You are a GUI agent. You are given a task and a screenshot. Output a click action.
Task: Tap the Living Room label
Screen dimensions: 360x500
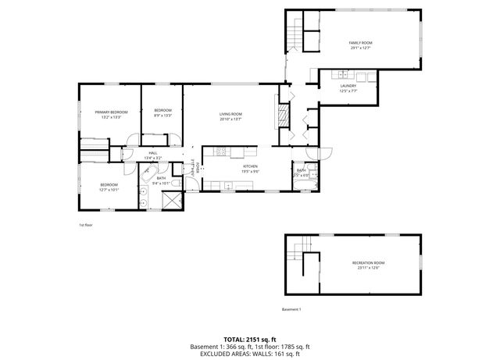(230, 114)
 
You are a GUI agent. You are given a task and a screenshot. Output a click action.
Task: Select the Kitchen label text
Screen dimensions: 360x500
(250, 166)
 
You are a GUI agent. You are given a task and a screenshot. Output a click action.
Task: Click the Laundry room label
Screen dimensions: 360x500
(348, 86)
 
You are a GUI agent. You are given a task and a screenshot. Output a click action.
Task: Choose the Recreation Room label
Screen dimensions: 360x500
(368, 262)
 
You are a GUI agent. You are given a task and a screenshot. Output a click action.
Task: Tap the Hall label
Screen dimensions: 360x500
(153, 153)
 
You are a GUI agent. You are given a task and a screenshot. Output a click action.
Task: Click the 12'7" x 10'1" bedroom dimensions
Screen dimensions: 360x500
(109, 189)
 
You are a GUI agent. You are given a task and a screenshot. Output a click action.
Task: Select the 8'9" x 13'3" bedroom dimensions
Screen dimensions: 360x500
(162, 116)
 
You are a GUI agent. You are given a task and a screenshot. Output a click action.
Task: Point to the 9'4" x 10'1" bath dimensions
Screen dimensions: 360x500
(161, 184)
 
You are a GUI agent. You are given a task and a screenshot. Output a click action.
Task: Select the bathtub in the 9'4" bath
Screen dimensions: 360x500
(148, 173)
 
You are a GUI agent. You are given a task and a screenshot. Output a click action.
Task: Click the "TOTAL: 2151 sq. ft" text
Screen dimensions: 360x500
(250, 339)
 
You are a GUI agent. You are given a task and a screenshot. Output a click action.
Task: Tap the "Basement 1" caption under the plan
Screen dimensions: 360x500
(291, 309)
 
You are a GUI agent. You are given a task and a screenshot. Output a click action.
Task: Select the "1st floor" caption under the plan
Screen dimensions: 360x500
(85, 226)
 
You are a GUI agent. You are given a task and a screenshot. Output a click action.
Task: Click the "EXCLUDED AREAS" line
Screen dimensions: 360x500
(250, 354)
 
